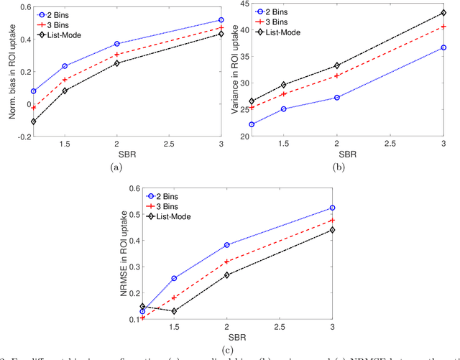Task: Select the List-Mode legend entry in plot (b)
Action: click(x=280, y=32)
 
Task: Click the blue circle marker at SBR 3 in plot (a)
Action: click(x=220, y=20)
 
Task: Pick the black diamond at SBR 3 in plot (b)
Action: click(x=443, y=13)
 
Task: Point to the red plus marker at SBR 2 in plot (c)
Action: click(x=226, y=262)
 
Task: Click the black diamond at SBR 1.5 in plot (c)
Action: click(x=174, y=311)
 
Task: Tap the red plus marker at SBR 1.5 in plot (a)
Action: click(x=65, y=79)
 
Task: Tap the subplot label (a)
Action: click(x=116, y=167)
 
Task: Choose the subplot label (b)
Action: click(x=337, y=167)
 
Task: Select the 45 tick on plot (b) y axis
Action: click(x=252, y=4)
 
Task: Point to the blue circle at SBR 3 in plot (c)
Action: click(x=332, y=208)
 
